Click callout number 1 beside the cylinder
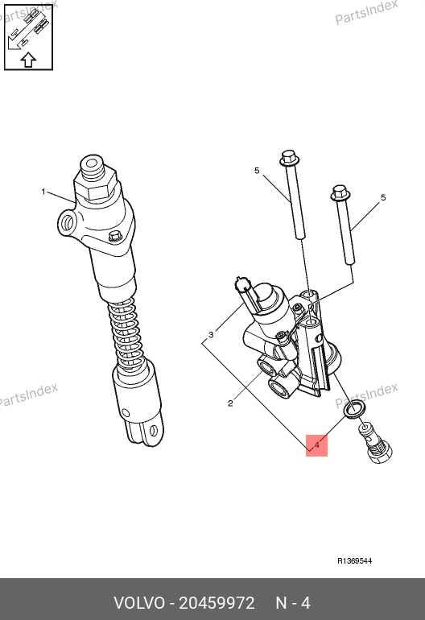point(43,192)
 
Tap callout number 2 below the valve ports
point(230,403)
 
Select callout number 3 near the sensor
point(211,335)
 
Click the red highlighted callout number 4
point(316,445)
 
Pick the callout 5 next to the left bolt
point(257,171)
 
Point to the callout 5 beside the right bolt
point(382,197)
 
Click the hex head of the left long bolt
point(290,157)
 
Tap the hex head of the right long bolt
point(340,193)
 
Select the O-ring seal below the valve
point(354,408)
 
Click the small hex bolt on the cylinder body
point(115,237)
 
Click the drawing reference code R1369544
point(355,560)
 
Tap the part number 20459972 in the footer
point(217,603)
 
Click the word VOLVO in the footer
point(139,603)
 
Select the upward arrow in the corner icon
point(28,60)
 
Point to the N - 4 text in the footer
point(292,603)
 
